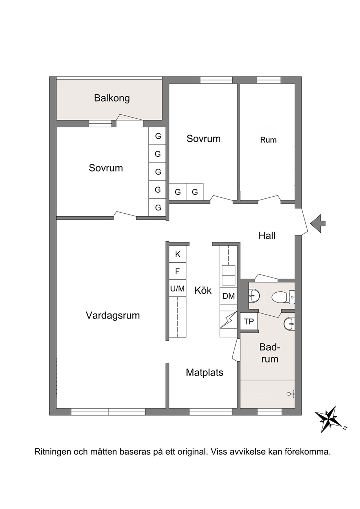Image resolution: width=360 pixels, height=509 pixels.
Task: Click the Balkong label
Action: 112,98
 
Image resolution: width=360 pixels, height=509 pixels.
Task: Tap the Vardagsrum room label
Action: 113,315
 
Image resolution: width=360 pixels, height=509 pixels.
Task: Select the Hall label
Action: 267,236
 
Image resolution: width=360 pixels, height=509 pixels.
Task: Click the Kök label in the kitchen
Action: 203,290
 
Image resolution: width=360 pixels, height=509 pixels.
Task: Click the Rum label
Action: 269,140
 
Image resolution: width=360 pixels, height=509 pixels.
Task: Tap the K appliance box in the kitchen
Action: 177,254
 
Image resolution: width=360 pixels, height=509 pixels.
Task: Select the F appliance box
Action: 177,271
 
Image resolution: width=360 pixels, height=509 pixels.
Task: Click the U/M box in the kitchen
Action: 177,288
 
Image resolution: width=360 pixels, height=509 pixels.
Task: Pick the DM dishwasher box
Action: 228,296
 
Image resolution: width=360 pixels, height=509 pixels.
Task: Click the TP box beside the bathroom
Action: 249,321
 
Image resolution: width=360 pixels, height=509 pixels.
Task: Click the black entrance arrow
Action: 318,223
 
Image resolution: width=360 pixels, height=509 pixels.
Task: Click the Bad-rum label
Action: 269,353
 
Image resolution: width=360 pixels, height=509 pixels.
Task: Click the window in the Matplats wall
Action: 211,412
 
